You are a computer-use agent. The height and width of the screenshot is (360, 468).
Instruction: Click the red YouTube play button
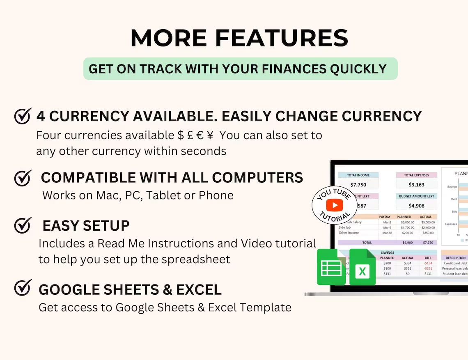pyautogui.click(x=335, y=205)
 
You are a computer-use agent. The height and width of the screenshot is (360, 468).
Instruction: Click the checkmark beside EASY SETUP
pyautogui.click(x=23, y=225)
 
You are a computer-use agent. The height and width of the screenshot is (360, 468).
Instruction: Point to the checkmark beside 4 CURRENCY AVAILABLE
pyautogui.click(x=23, y=116)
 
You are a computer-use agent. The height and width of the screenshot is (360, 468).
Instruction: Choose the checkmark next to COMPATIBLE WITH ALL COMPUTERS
pyautogui.click(x=23, y=177)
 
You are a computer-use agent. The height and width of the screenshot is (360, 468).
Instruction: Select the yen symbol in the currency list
pyautogui.click(x=210, y=135)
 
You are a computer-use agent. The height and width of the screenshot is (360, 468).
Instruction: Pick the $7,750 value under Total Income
pyautogui.click(x=358, y=185)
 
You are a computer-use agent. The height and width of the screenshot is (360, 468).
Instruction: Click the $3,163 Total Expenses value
pyautogui.click(x=416, y=185)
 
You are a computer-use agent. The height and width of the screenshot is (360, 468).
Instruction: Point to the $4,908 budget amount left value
pyautogui.click(x=416, y=206)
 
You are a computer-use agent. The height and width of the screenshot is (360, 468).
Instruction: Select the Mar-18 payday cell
pyautogui.click(x=387, y=233)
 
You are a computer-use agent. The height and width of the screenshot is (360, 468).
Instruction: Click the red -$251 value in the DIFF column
pyautogui.click(x=428, y=268)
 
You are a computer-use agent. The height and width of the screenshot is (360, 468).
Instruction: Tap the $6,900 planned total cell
pyautogui.click(x=404, y=243)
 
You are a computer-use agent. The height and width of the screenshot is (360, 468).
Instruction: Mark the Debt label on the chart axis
pyautogui.click(x=454, y=199)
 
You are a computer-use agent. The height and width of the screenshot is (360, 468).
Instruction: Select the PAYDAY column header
pyautogui.click(x=385, y=217)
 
